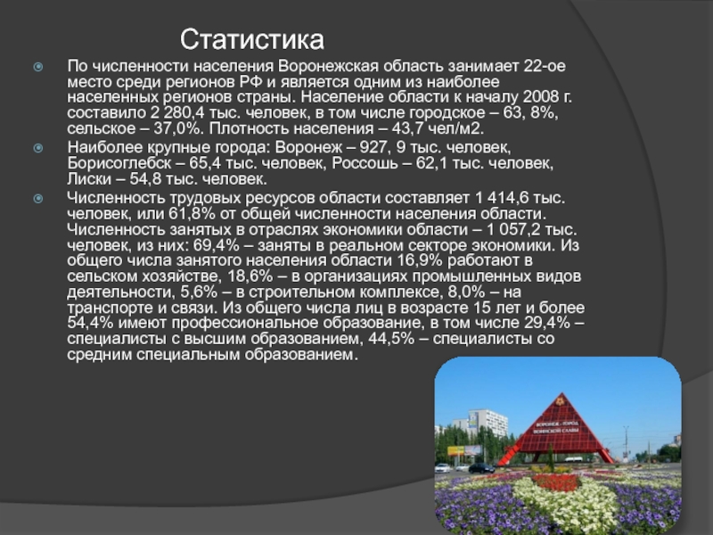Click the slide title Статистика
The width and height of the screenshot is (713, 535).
[x=252, y=39]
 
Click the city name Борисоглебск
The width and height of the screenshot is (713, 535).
[x=115, y=165]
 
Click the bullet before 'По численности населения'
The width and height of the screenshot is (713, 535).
[x=39, y=67]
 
